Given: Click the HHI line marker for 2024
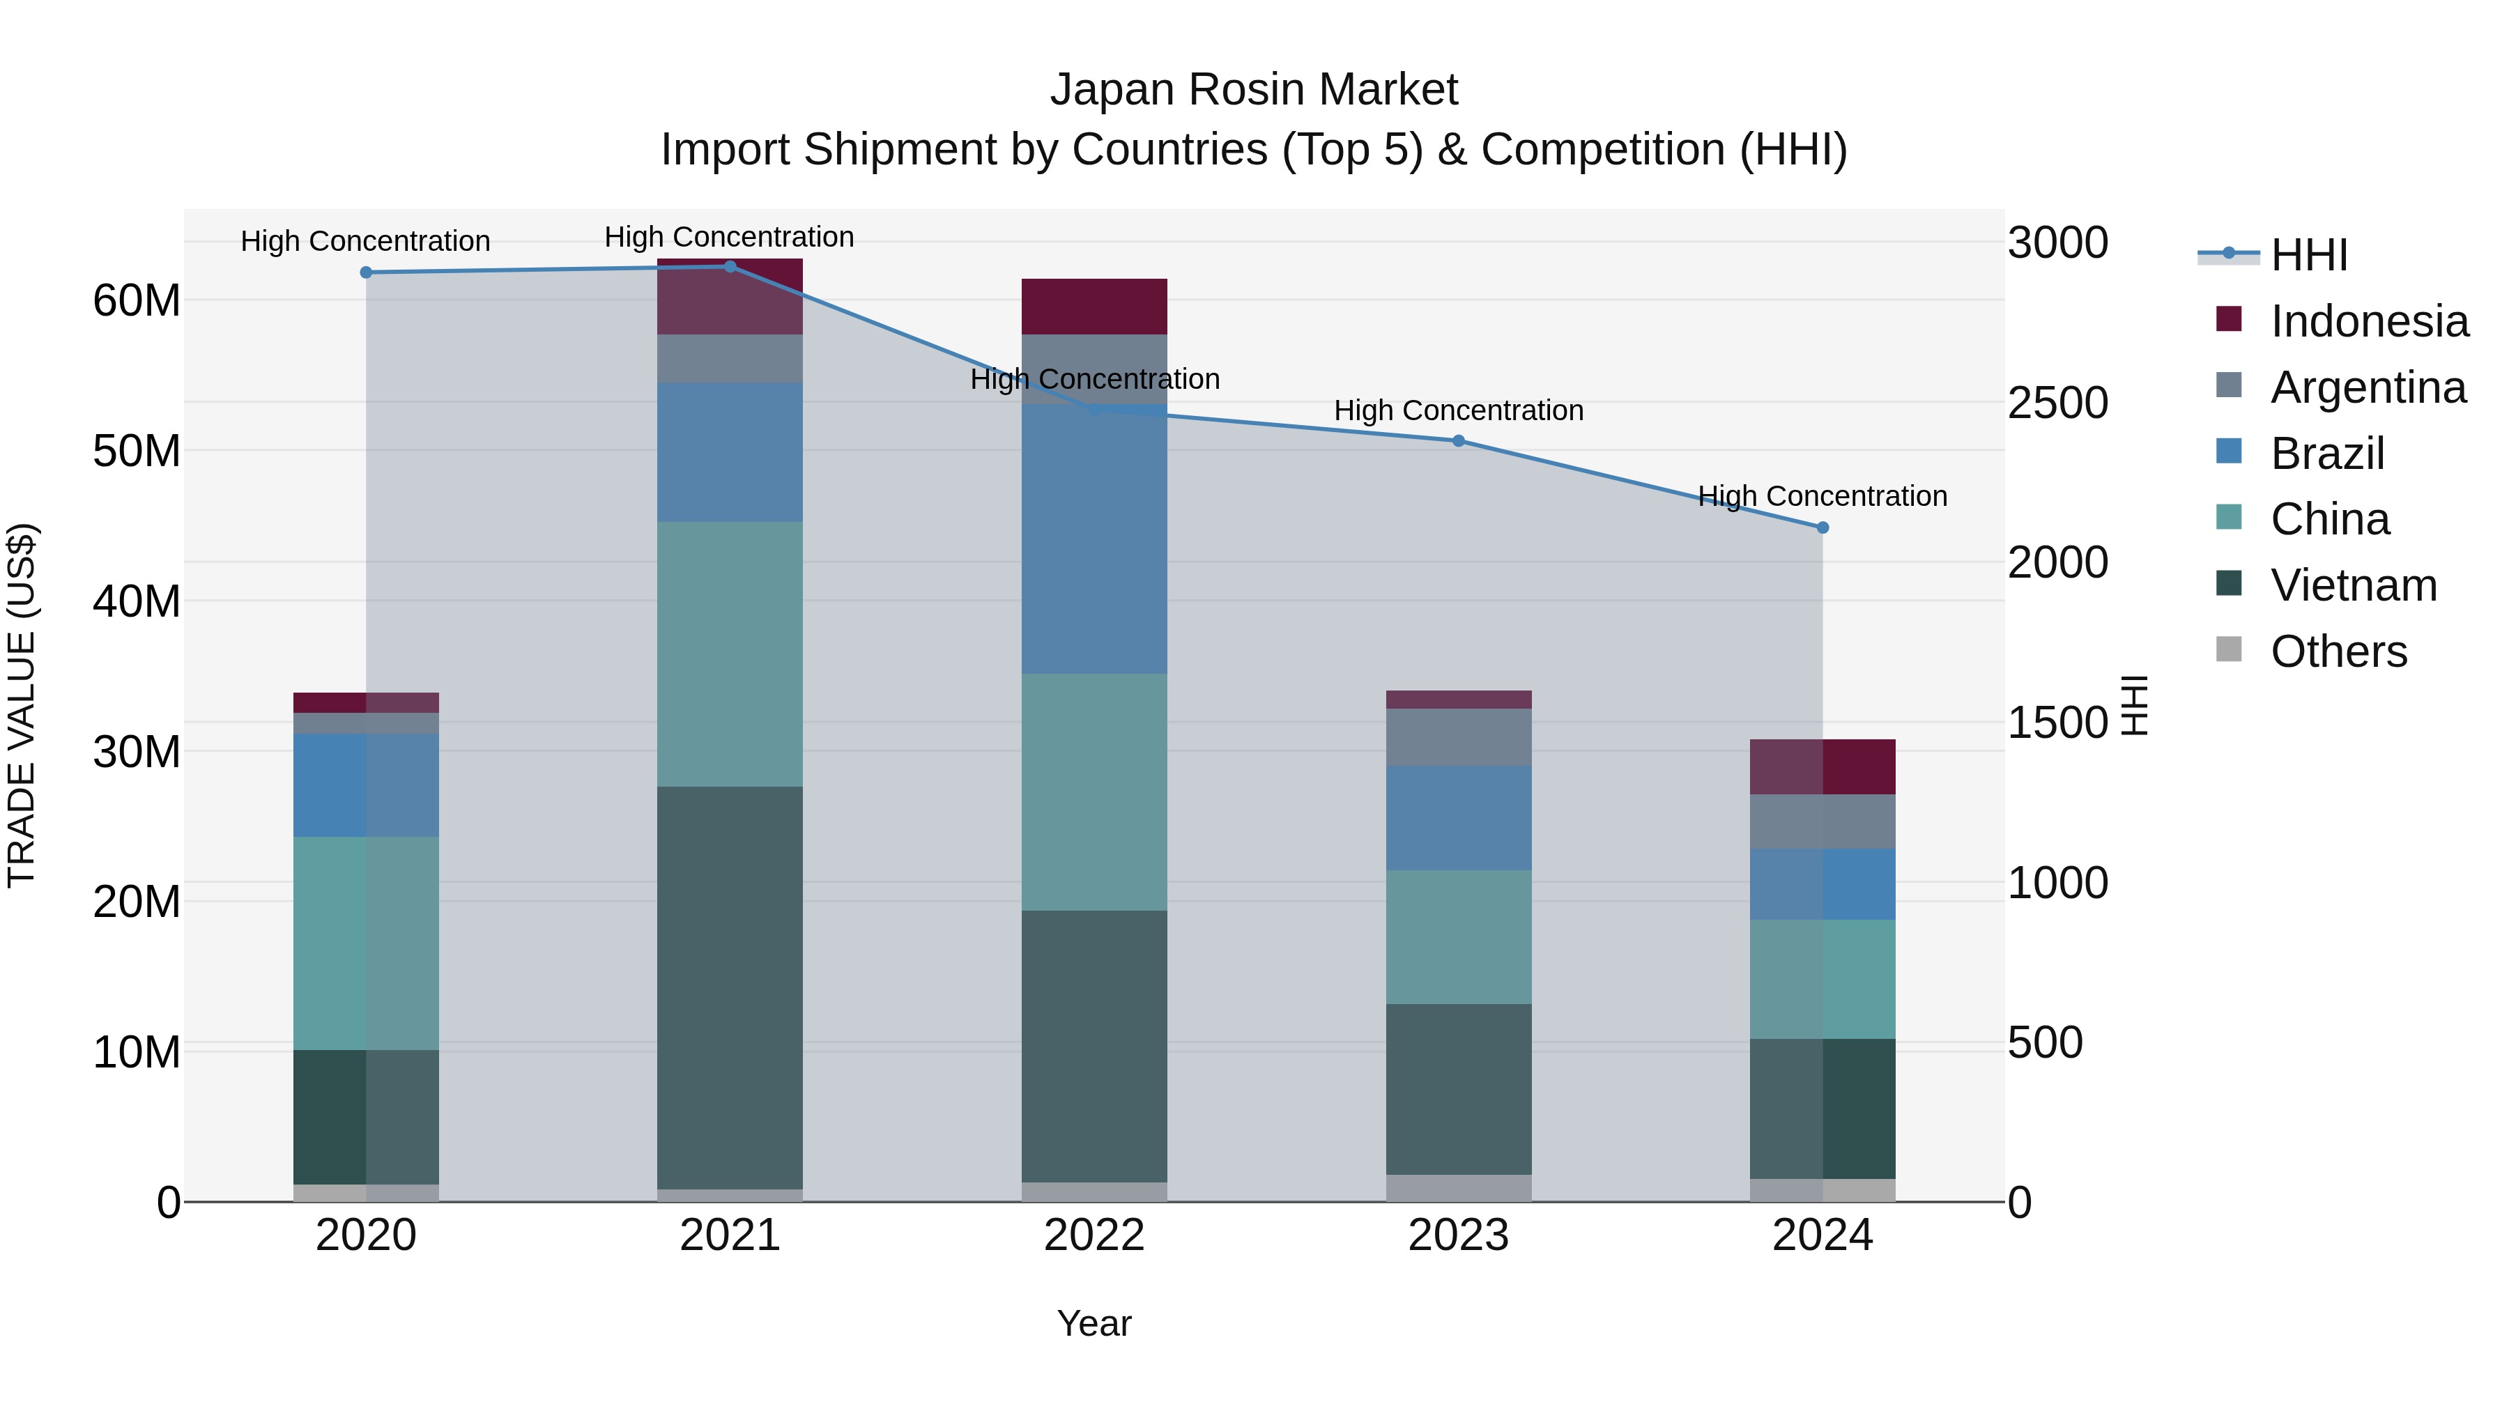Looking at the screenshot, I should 1823,527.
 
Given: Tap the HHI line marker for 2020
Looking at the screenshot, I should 366,272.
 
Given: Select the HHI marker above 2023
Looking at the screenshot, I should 1458,441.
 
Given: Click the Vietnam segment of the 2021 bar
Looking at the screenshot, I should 730,987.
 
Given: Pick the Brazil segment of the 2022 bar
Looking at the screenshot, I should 1094,539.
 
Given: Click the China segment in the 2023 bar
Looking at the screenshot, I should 1458,936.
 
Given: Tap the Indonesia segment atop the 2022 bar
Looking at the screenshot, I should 1094,307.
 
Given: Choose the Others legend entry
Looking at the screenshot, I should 2337,651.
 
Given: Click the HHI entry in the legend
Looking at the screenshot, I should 2308,255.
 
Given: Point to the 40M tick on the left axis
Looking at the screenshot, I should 137,601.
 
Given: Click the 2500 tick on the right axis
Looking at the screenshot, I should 2057,403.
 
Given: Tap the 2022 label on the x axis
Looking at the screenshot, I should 1094,1235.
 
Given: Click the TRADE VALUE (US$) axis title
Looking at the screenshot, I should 22,705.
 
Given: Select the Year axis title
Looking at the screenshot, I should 1094,1323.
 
